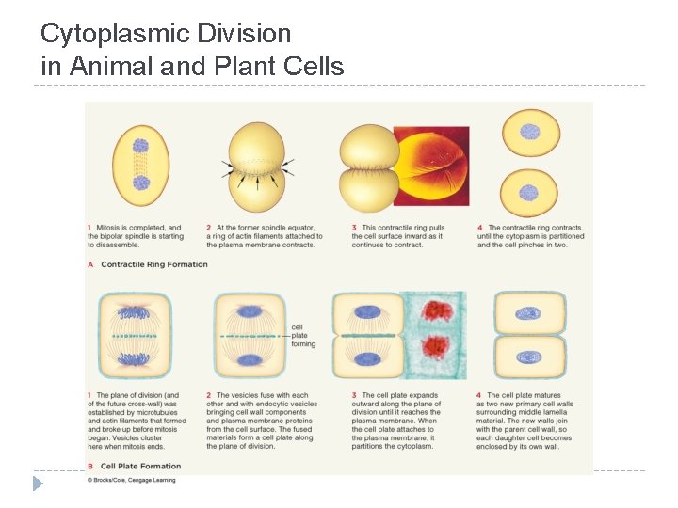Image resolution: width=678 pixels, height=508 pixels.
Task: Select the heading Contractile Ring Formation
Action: click(x=154, y=264)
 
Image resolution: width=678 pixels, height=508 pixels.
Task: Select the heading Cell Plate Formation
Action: click(x=141, y=465)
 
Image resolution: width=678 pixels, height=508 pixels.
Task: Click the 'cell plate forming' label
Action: click(x=304, y=336)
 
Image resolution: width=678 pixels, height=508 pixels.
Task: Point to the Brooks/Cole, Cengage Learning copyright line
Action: click(x=131, y=480)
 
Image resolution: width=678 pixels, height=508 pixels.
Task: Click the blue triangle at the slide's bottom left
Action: click(x=38, y=484)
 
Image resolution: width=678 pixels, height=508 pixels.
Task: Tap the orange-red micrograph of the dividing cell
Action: click(x=431, y=167)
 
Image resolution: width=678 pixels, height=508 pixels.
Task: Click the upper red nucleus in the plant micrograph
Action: click(x=437, y=311)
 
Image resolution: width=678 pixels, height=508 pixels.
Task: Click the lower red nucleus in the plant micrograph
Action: click(x=436, y=350)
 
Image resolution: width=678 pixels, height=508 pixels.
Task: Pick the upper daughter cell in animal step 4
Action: click(x=530, y=132)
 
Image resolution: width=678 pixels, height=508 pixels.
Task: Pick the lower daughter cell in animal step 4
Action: click(x=530, y=191)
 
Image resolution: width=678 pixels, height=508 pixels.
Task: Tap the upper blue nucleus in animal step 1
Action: click(x=140, y=147)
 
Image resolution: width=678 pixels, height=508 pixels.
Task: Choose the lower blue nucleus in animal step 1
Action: click(x=140, y=183)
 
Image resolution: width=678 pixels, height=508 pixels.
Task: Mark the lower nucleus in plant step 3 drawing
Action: click(x=366, y=357)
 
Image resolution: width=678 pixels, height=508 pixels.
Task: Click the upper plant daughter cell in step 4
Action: click(x=530, y=313)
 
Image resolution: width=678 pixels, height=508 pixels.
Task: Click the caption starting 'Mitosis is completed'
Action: click(x=137, y=236)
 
